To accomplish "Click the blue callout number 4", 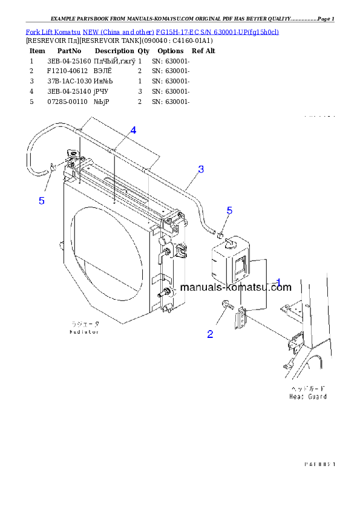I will coord(133,130).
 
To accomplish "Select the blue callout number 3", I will coord(201,169).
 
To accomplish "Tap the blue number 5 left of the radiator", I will coord(42,201).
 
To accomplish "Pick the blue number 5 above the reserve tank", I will coord(229,210).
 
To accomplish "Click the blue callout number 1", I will coord(278,282).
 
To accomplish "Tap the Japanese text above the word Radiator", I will coord(83,325).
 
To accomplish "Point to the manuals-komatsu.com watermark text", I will coord(235,288).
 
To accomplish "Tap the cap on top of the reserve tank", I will coord(231,242).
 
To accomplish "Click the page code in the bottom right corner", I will coord(319,464).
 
